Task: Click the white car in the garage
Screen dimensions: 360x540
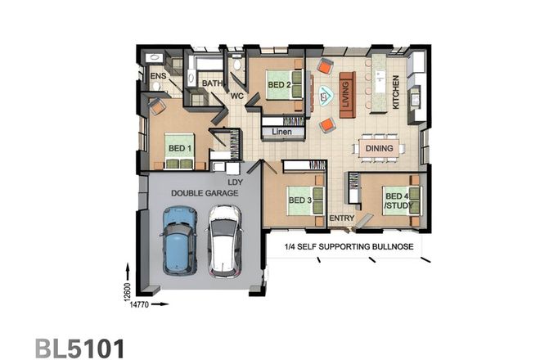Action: (223, 241)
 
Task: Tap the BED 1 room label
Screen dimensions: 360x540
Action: (179, 148)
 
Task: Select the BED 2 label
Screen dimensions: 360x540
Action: (280, 84)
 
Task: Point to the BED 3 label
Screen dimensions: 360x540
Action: (299, 200)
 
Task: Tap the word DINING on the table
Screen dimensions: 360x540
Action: (380, 149)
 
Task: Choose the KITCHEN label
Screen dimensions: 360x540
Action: (396, 92)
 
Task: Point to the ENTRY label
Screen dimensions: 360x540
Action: (340, 219)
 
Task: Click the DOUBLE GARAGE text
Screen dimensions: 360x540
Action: (204, 193)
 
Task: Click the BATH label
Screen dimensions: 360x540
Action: (213, 83)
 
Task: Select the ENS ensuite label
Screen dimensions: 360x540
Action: (158, 76)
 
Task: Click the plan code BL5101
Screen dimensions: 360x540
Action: (79, 348)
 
